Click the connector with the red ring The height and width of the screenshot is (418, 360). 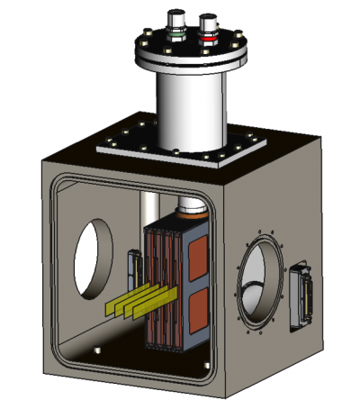208,33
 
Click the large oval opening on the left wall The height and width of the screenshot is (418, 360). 93,258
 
